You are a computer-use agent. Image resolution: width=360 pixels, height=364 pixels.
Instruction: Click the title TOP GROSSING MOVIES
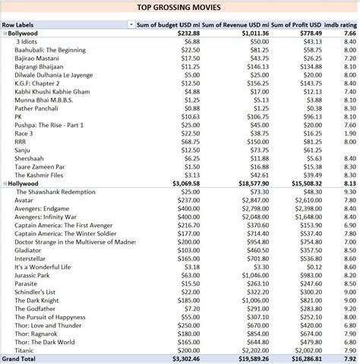[x=179, y=8]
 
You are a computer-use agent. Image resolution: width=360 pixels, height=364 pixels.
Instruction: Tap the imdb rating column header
[x=340, y=25]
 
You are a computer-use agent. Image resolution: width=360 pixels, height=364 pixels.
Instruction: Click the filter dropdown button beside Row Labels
[x=131, y=25]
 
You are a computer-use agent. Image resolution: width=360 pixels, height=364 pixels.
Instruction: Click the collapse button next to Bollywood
[x=5, y=33]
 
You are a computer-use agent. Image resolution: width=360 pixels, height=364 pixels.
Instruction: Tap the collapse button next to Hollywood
[x=5, y=183]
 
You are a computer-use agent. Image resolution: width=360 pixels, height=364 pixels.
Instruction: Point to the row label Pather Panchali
[x=38, y=108]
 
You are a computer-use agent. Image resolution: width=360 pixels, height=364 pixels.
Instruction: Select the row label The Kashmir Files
[x=42, y=175]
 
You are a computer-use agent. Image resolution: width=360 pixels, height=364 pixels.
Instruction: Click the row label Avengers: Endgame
[x=46, y=208]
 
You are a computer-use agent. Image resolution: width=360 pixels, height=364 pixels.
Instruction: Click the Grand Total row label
[x=19, y=358]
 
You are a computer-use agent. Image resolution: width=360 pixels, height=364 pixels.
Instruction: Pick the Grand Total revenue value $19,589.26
[x=245, y=358]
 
